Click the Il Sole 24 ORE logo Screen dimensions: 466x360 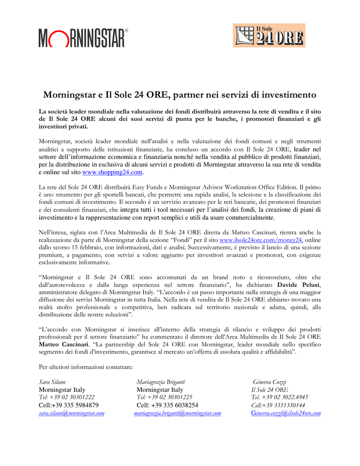(269, 35)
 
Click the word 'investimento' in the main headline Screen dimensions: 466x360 (288, 95)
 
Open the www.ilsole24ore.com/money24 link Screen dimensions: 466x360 (261, 240)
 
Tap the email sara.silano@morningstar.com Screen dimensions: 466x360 (71, 413)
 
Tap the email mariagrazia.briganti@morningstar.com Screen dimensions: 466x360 (177, 413)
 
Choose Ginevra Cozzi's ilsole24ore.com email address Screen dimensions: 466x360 (286, 413)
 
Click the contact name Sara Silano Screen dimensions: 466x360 (52, 382)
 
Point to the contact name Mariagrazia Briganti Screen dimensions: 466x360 (161, 382)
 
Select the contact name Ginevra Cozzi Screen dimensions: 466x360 (269, 382)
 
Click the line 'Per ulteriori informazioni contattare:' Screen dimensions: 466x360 (86, 366)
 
